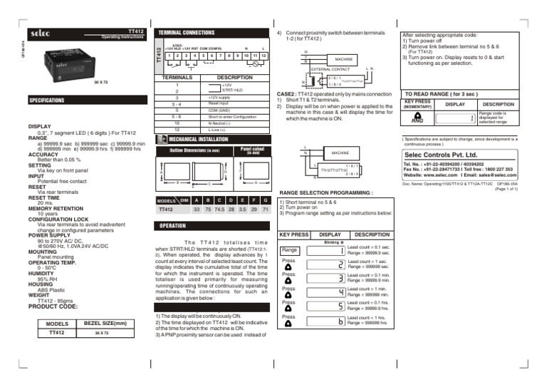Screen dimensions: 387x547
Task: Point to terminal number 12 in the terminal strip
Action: click(263, 56)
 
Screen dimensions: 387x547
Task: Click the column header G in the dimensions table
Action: click(265, 200)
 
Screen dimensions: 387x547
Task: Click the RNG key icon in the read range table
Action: click(418, 120)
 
